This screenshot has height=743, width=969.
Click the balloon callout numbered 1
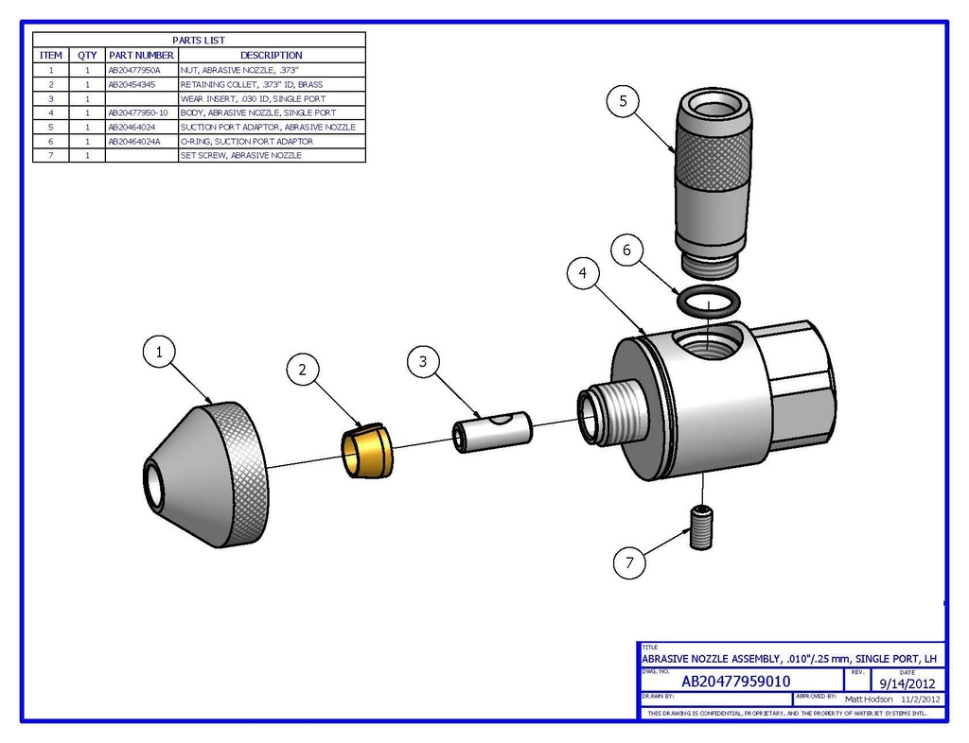pyautogui.click(x=159, y=352)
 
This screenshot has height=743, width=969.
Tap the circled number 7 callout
pyautogui.click(x=630, y=563)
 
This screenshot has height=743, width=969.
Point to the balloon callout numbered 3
pyautogui.click(x=423, y=361)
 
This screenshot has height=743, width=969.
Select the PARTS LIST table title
pyautogui.click(x=199, y=41)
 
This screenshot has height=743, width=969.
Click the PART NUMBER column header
pyautogui.click(x=141, y=55)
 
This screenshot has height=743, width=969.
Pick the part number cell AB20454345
pyautogui.click(x=135, y=84)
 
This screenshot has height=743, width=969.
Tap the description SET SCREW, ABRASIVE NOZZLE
pyautogui.click(x=241, y=155)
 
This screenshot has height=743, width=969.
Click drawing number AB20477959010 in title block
pyautogui.click(x=735, y=681)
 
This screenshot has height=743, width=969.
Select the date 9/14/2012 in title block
pyautogui.click(x=907, y=682)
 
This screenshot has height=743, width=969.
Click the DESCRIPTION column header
pyautogui.click(x=271, y=55)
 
